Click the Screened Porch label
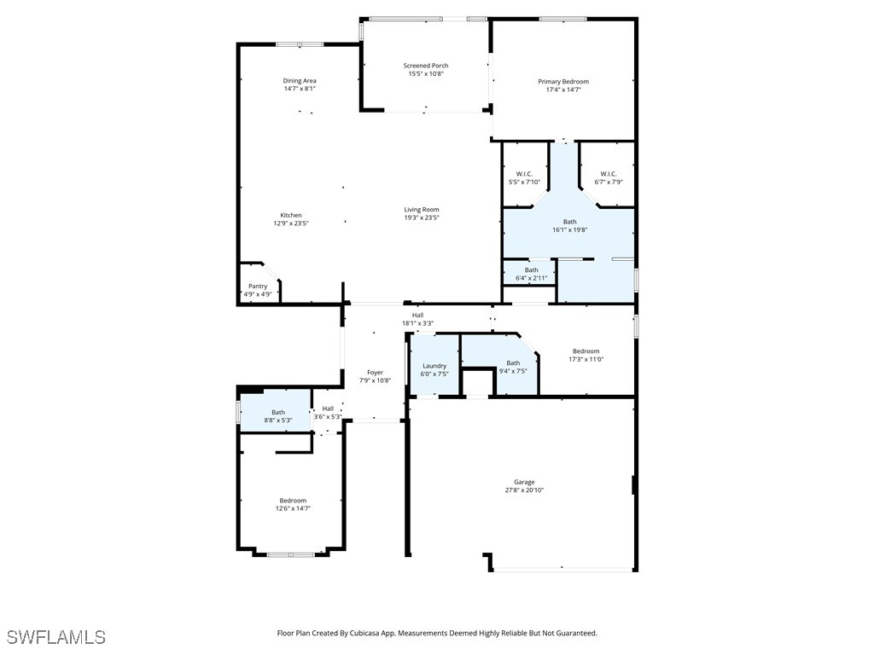426,66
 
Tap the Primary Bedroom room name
563,82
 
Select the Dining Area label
300,81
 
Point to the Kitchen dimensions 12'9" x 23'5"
291,223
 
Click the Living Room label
422,210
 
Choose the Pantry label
258,287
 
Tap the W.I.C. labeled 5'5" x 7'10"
524,174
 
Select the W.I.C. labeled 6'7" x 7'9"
609,174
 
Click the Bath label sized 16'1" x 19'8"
569,222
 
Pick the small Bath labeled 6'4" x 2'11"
531,270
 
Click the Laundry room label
434,366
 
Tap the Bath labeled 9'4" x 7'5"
513,363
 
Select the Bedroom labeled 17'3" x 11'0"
586,351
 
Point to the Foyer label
376,373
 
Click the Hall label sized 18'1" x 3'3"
417,316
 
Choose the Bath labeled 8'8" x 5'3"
278,413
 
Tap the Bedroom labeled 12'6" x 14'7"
293,501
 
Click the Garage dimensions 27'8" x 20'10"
524,490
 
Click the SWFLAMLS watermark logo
55,637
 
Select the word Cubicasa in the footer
367,634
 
